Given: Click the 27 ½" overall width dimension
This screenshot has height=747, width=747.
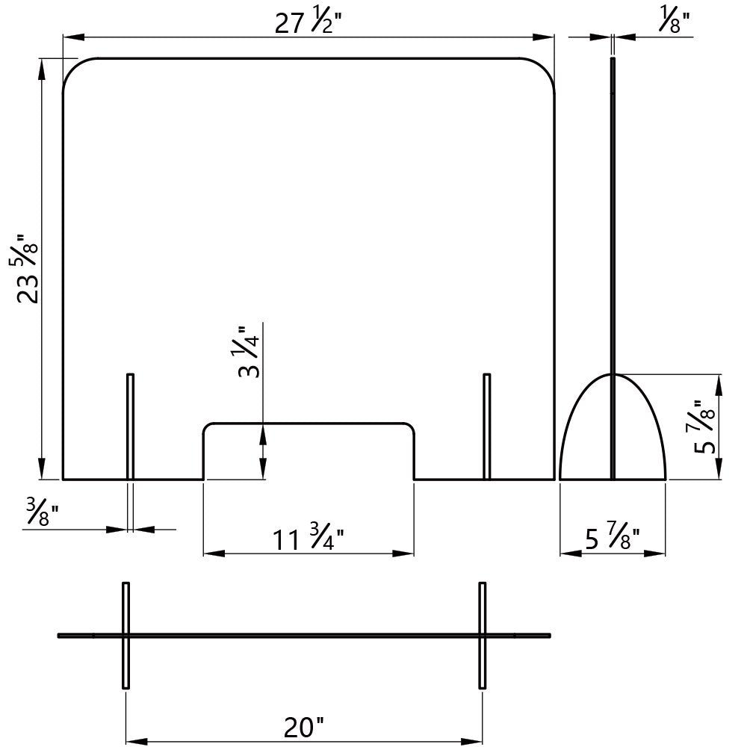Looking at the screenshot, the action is pos(309,22).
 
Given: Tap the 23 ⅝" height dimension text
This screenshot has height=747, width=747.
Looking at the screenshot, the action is pos(27,269).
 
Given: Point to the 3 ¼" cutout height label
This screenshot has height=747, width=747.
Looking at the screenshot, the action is pos(249,353).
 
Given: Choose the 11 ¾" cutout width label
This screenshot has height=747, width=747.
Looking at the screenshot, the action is pos(309,538).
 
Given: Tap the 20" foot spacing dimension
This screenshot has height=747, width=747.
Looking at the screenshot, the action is pos(304,728).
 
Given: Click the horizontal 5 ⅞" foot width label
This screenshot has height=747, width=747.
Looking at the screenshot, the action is pos(613,538).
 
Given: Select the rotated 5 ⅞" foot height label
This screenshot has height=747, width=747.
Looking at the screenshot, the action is pos(704,427).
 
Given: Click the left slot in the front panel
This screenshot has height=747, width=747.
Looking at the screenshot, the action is pos(130,427).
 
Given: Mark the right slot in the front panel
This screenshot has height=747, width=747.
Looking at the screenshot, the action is pos(486,427).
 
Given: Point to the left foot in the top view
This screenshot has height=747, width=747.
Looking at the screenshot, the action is pos(125,635).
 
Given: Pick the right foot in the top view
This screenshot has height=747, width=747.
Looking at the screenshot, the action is pos(483,635).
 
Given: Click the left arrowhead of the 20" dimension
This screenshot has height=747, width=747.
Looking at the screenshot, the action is pos(136,742).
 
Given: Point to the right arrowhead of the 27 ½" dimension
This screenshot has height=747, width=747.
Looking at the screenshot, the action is pos(544,37).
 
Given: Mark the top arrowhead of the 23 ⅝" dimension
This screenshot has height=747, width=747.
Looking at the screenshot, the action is pos(41,69).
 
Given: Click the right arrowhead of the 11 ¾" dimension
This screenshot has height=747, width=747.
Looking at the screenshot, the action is pos(403,554).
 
